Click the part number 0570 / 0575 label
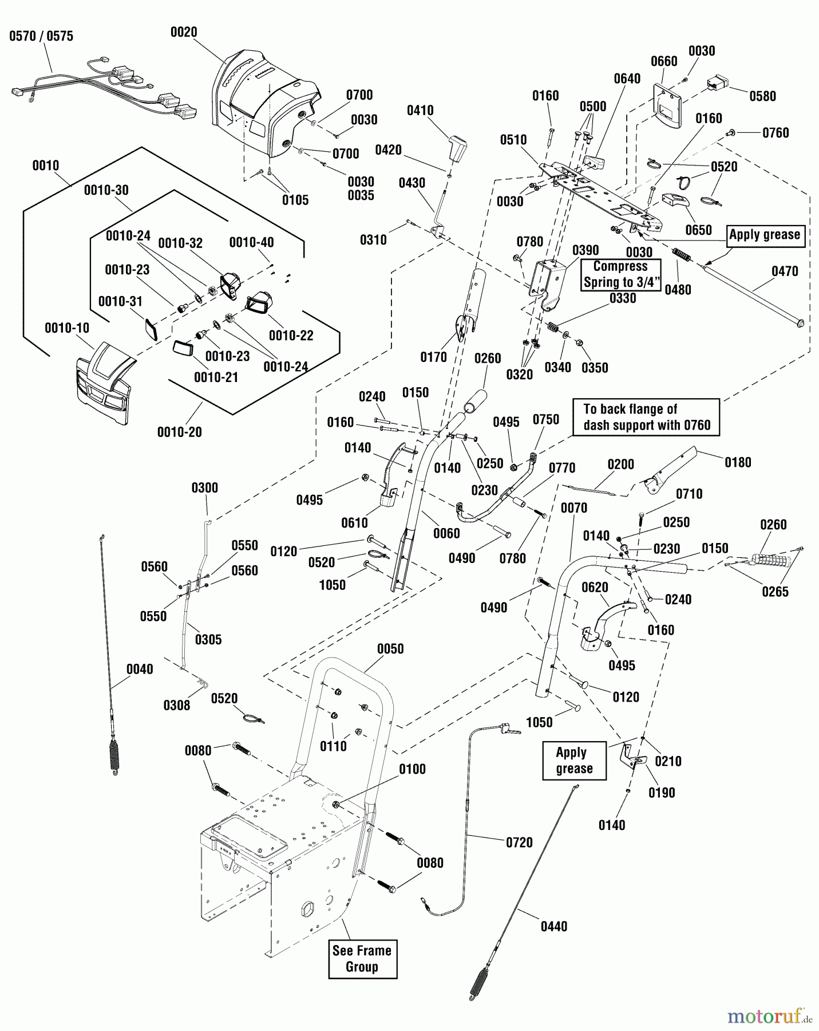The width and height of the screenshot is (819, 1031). point(41,37)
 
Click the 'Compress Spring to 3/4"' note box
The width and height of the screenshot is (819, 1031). point(620,274)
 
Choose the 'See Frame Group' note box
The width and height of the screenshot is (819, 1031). point(362,959)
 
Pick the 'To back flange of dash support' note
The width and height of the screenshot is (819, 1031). point(646,418)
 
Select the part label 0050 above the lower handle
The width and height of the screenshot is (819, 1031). point(390,649)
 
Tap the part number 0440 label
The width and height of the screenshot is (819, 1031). point(553,926)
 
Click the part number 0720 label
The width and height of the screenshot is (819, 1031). point(519,843)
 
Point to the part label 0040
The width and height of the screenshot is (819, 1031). point(140,669)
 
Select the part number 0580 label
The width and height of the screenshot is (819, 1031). point(762,96)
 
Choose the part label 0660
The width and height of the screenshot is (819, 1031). point(664,61)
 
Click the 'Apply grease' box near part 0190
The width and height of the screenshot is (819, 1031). point(574,761)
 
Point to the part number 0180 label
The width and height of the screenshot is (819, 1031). point(738,463)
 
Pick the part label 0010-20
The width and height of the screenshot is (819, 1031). point(180,432)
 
